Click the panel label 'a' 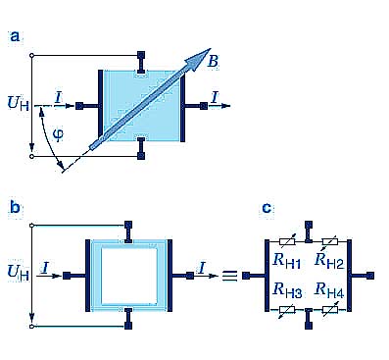tap(15, 36)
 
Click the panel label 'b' tap(15, 207)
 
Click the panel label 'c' tap(267, 208)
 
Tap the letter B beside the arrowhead tap(213, 61)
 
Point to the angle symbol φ tap(59, 134)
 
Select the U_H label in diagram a tap(19, 103)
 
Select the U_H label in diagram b tap(19, 273)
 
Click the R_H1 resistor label tap(286, 261)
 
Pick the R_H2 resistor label tap(329, 261)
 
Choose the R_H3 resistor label tap(287, 290)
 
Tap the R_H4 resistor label tap(329, 290)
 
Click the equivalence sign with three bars tap(229, 276)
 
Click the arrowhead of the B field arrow tap(199, 59)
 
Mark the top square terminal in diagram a tap(141, 55)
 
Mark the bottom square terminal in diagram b tap(128, 326)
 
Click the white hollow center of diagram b tap(128, 276)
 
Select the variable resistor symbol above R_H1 tap(287, 241)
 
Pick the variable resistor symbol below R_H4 tap(330, 310)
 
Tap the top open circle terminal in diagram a tap(31, 56)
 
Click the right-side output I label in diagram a tap(215, 98)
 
